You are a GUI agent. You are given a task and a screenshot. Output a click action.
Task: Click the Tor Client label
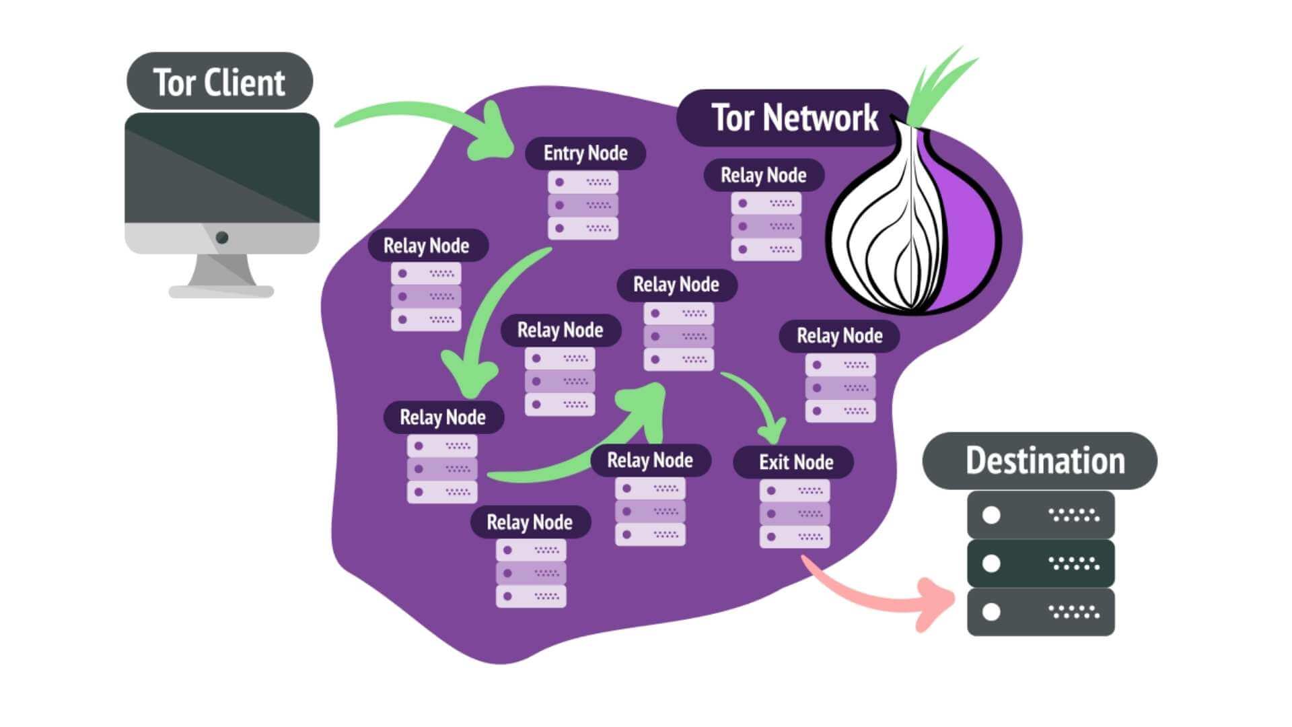(219, 81)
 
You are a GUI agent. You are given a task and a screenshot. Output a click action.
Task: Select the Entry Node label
(585, 153)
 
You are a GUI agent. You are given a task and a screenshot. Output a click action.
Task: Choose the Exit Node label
(795, 462)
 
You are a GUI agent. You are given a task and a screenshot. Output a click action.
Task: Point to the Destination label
(1040, 461)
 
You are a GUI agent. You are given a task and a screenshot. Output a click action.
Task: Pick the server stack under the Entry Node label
(583, 205)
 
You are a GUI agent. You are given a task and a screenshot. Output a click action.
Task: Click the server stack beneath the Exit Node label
(795, 514)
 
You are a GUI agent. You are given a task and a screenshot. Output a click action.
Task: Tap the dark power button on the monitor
(222, 238)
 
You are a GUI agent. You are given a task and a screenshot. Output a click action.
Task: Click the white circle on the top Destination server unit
(991, 515)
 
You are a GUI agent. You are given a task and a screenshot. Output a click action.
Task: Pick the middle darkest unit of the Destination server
(1040, 563)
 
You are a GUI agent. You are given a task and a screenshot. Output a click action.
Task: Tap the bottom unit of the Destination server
(1040, 611)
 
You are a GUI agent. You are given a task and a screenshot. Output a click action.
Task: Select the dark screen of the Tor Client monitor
(222, 168)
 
